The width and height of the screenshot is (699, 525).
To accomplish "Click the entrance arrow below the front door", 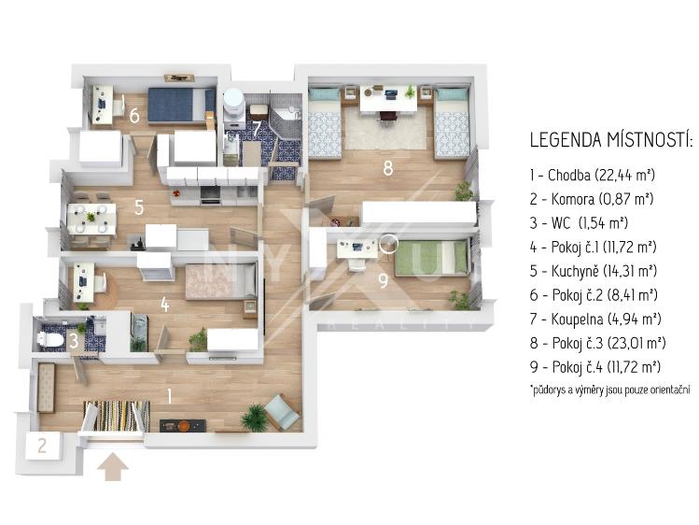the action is (x=113, y=467).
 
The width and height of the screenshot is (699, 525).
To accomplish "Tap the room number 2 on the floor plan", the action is (x=42, y=446).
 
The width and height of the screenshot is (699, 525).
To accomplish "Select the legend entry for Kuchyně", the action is (x=594, y=271).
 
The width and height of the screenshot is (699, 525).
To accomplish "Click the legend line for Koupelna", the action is (x=595, y=319).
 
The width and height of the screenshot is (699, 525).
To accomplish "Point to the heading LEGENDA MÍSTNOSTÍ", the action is (x=610, y=139).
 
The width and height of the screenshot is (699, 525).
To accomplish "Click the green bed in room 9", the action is (x=432, y=258).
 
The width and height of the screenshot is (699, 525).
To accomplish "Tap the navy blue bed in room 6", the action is (x=181, y=105).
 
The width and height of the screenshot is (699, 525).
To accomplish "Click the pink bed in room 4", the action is (x=220, y=281).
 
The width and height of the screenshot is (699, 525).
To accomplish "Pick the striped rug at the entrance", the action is (x=117, y=416).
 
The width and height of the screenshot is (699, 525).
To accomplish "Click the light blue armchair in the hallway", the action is (x=281, y=413).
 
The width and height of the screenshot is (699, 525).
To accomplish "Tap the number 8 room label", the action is (x=388, y=168).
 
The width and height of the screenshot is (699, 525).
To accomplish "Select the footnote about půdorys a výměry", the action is (x=609, y=390).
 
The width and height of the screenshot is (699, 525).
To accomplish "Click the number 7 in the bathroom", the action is (x=257, y=129).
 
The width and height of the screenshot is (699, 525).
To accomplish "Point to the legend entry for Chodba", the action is (x=593, y=175).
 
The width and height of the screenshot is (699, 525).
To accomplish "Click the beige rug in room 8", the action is (x=386, y=129).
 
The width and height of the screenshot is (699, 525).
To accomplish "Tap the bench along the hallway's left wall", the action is (x=46, y=388).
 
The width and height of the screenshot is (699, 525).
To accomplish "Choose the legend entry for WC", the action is (x=579, y=223).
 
